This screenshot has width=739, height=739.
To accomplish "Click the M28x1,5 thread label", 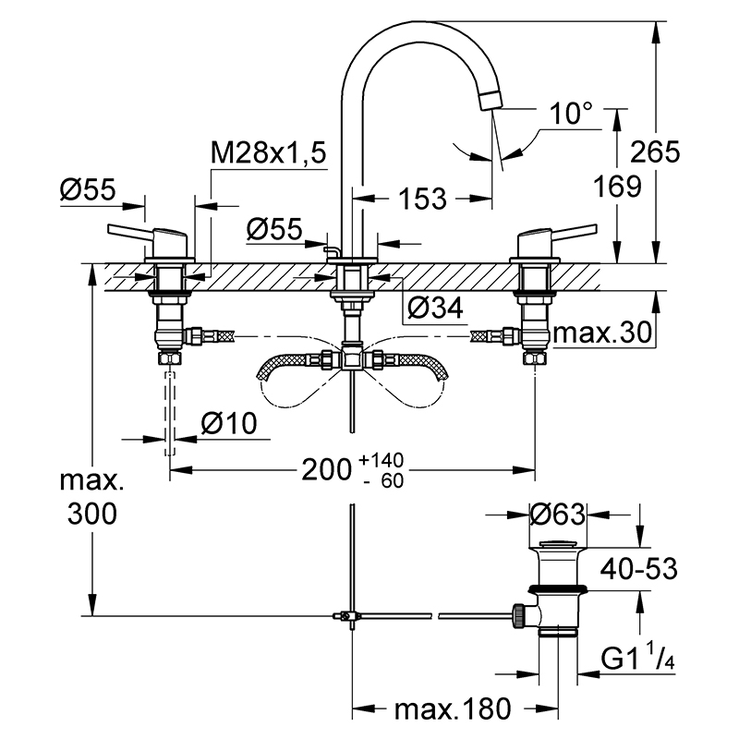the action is coord(268,152).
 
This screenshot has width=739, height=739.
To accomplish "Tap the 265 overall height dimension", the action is coord(655,151).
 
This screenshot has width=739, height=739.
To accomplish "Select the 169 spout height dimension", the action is coord(617,187).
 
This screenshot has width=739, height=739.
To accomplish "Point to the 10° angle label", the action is coord(571,114).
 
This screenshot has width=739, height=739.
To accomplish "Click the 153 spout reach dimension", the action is coord(422,199).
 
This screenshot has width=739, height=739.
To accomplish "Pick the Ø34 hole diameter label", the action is coord(435,309).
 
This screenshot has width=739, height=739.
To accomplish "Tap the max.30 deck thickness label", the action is coord(603,333).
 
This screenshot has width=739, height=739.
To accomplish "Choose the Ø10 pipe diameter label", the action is coord(229,423).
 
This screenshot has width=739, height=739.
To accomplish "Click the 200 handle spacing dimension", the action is coord(327,469).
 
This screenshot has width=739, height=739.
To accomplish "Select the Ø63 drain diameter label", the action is coord(558,514).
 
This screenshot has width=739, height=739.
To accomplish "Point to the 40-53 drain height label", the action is coord(638,569).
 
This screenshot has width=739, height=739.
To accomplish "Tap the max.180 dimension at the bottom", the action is coord(453,709).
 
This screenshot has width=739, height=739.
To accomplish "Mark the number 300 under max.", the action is coord(91,514).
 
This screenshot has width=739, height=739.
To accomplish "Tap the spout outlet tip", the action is coord(491,101).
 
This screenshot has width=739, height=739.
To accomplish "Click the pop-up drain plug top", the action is coord(558,543).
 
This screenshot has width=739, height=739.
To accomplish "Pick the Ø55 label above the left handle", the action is coord(88,189).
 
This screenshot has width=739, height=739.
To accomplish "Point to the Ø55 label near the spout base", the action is coord(274,229).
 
